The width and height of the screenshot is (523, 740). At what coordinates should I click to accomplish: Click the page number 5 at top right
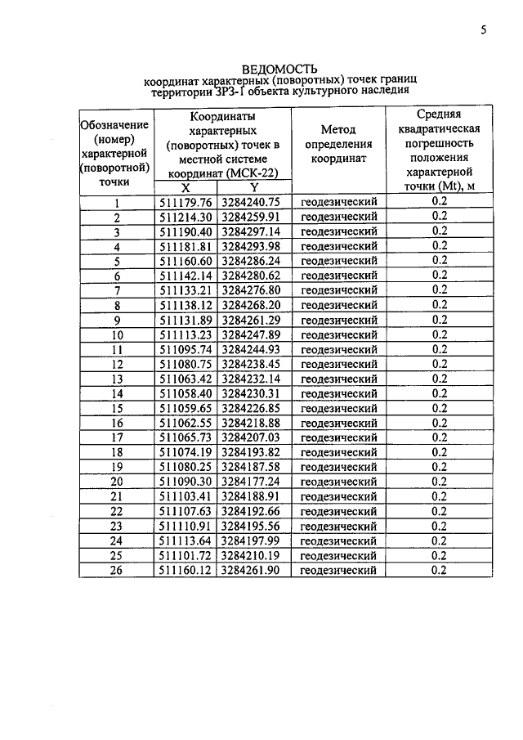point(483,30)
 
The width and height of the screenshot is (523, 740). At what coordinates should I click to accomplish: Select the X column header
point(185,187)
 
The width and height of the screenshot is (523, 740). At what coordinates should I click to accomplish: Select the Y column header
point(253,187)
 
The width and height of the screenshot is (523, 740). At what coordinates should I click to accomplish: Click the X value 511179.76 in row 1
point(186,202)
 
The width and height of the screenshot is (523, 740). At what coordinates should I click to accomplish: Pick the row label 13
point(116,379)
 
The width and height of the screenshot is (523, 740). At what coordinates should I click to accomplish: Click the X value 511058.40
point(186,393)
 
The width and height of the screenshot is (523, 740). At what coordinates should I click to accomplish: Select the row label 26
point(116,570)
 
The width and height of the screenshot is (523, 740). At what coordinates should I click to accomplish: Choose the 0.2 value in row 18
point(439,452)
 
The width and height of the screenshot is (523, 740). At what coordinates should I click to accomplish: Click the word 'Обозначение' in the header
point(114,124)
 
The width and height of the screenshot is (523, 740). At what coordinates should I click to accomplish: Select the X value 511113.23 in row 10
point(186,334)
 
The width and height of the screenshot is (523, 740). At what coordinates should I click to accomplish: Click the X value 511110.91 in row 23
point(186,526)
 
